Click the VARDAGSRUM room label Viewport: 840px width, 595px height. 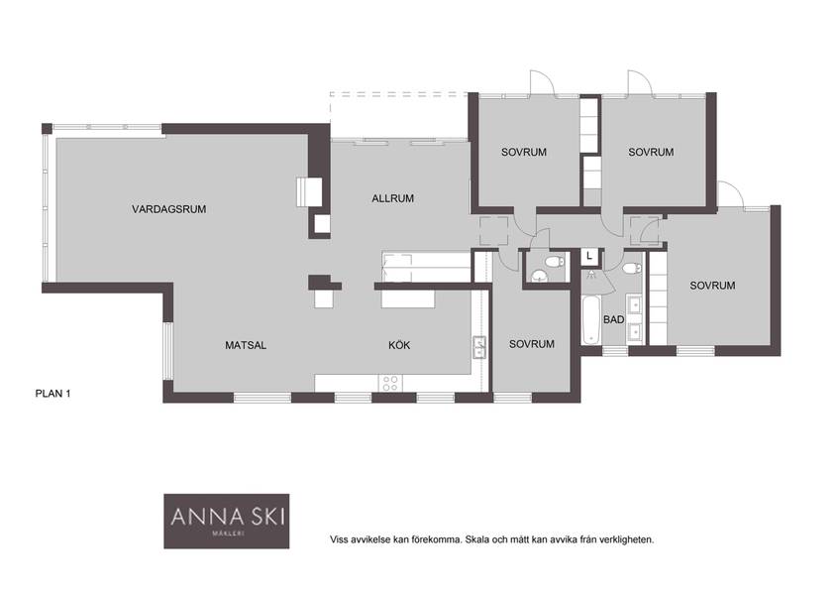coord(168,209)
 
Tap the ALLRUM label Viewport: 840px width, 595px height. coord(392,198)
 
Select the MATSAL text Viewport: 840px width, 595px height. coord(246,345)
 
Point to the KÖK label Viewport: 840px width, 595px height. coord(399,345)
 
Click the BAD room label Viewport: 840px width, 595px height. coord(613,319)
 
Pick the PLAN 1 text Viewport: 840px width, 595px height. coord(53,394)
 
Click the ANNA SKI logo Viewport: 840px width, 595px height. coord(227,521)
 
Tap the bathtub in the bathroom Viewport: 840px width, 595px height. coord(591,321)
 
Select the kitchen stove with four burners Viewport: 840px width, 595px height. coord(390,383)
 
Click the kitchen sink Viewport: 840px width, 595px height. coord(478,347)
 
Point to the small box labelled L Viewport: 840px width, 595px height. coord(589,257)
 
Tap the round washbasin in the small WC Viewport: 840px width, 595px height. coord(539,276)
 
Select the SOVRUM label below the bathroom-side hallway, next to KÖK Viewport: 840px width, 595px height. coord(531,344)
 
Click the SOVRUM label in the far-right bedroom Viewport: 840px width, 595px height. coord(712,286)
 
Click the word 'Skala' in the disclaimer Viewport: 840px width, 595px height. coord(475,539)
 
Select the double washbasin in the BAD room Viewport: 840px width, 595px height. coord(634,318)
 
